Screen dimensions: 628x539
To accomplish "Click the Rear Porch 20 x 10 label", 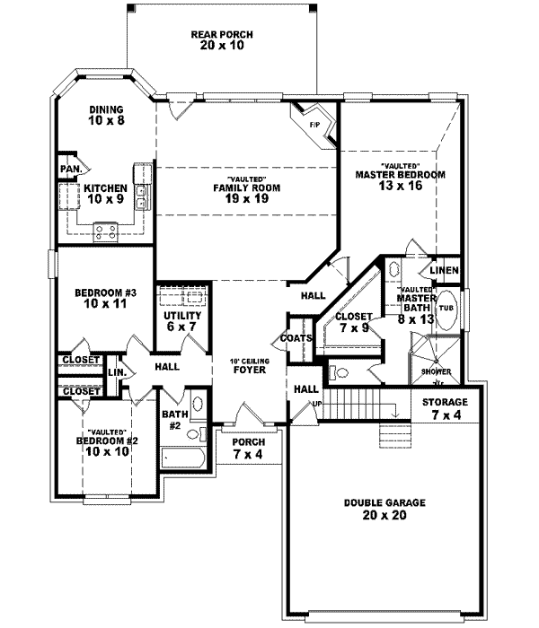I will (x=222, y=39).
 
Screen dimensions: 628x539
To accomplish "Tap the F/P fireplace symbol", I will (x=315, y=124).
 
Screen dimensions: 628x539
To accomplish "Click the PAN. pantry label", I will (x=71, y=169).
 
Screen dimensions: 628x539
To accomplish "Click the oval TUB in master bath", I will (x=446, y=307).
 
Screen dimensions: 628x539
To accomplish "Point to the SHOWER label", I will (x=437, y=371).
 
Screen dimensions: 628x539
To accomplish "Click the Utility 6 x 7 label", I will (x=176, y=322).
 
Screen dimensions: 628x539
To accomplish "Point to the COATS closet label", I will (x=296, y=338).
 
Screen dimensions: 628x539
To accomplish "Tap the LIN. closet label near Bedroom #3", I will (x=116, y=371).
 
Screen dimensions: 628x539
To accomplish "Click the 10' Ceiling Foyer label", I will (x=249, y=364).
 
